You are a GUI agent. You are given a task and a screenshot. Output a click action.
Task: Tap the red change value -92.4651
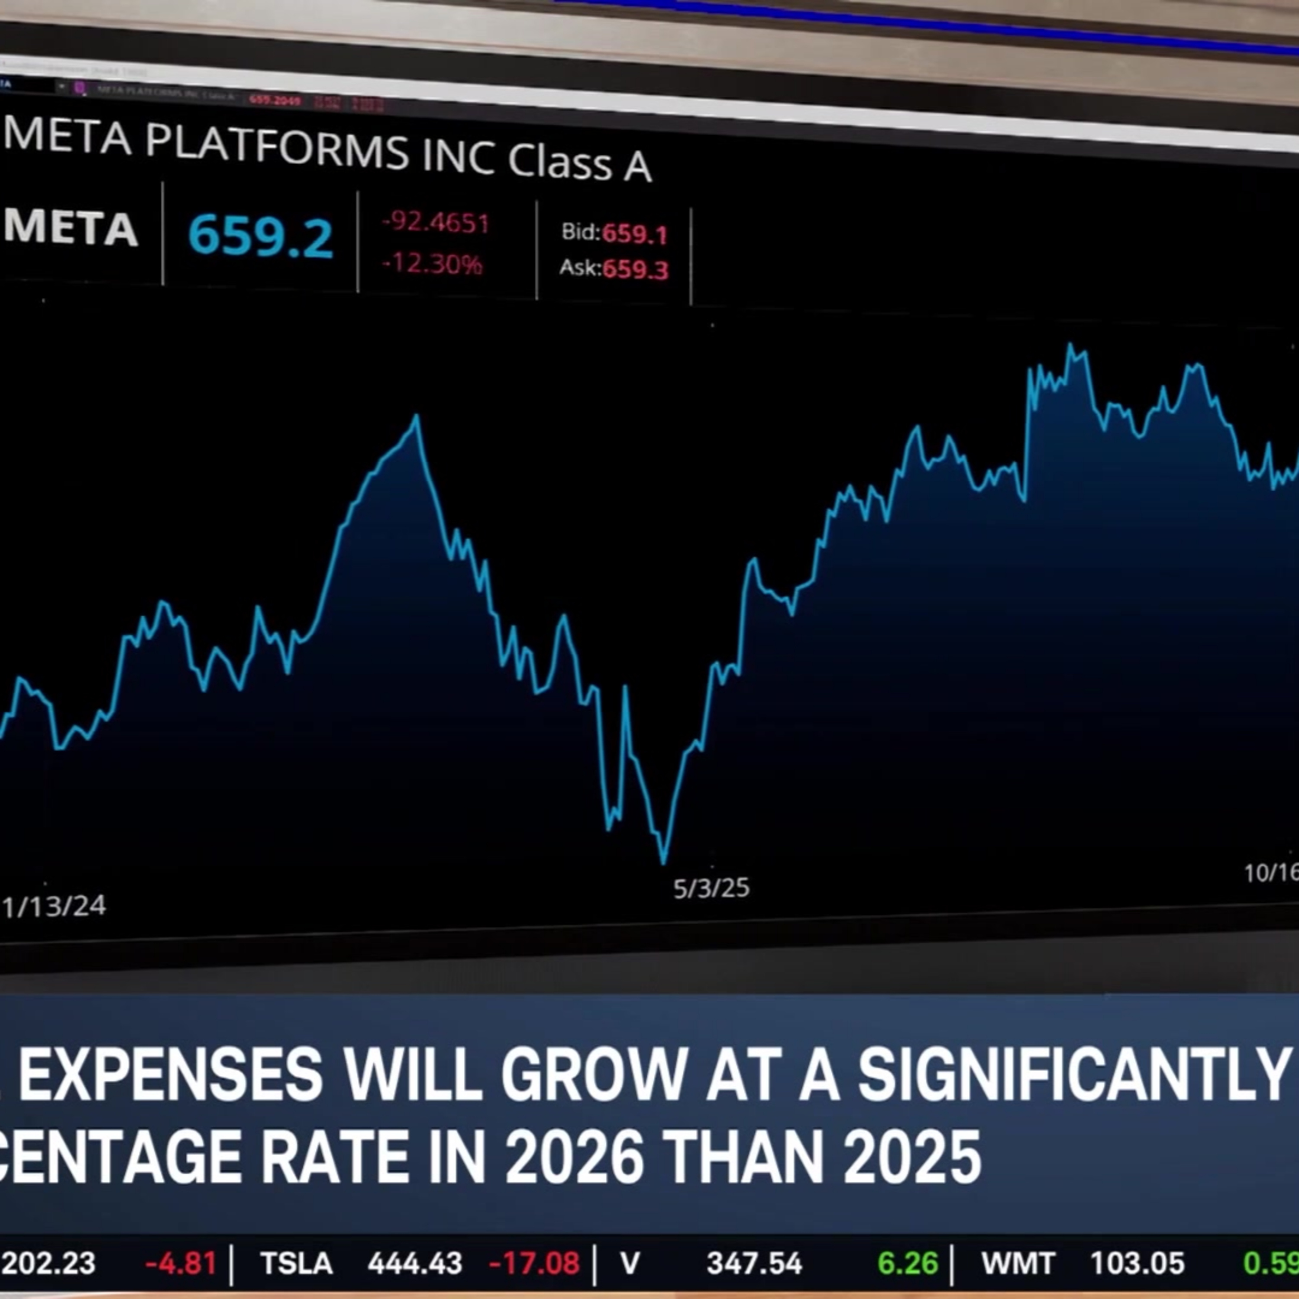[x=436, y=223]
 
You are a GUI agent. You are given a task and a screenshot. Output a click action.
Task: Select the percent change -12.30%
[x=432, y=264]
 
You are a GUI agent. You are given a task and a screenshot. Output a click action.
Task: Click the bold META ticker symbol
[x=71, y=228]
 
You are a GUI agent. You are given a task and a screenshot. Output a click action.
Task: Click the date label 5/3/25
[x=711, y=888]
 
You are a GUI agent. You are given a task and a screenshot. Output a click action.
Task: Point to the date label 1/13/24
[x=54, y=906]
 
